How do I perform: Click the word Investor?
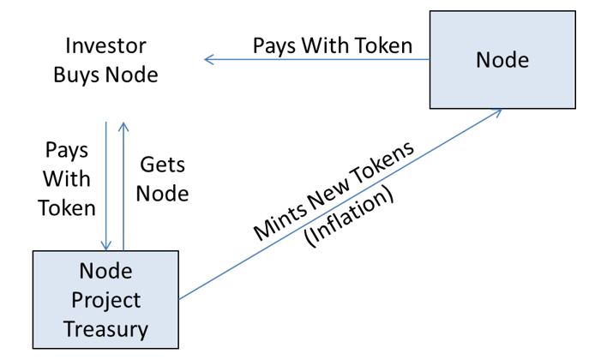pos(105,45)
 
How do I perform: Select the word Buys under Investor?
pos(77,75)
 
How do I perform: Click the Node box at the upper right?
pos(502,60)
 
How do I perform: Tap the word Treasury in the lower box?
pos(105,330)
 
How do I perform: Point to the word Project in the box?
pos(106,300)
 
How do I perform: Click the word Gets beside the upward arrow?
pos(162,165)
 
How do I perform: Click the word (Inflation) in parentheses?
pos(349,217)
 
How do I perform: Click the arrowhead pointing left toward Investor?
pos(209,59)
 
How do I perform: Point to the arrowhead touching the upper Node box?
pos(496,112)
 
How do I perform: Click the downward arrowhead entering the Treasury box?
pos(106,245)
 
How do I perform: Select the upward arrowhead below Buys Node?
pos(123,127)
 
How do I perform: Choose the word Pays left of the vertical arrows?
pos(67,151)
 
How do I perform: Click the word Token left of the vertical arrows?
pos(67,208)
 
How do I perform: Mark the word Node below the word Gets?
pos(162,194)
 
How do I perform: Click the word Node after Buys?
pos(132,75)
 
